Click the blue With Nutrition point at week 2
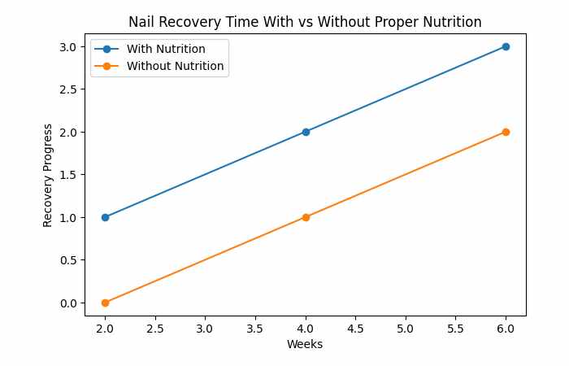(105, 217)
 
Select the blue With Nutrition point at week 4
(306, 132)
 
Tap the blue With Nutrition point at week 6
(506, 46)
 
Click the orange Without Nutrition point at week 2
(105, 303)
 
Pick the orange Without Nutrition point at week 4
(306, 217)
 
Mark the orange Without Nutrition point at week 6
(506, 132)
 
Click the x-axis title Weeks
(305, 344)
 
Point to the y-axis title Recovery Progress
(48, 175)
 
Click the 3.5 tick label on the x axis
(255, 329)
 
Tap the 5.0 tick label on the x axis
(406, 329)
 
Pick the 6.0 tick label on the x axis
(506, 329)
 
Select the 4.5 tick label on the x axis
(355, 329)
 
